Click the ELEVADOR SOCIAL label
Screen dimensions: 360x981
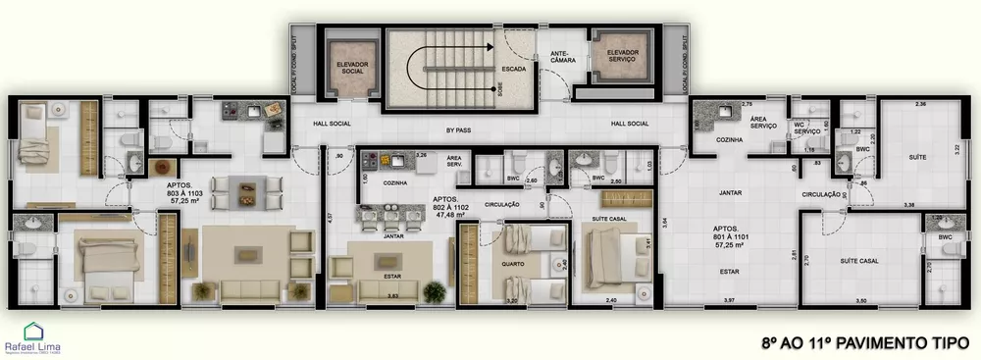(351, 68)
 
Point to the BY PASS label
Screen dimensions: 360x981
(459, 129)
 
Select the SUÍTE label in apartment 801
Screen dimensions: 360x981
(917, 156)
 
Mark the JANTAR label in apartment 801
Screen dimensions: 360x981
(729, 192)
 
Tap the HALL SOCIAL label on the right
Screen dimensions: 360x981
(630, 124)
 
